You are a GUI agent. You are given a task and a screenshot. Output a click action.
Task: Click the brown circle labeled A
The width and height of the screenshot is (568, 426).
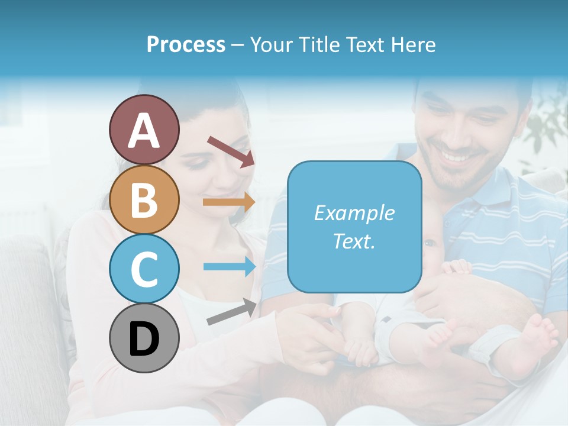[x=144, y=130]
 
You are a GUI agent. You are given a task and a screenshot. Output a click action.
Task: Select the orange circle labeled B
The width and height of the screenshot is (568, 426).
[x=144, y=199]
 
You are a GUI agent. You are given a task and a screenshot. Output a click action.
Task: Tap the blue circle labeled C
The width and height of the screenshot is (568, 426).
[x=144, y=269]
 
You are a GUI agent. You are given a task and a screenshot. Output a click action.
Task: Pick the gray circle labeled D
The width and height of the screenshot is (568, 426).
[x=144, y=338]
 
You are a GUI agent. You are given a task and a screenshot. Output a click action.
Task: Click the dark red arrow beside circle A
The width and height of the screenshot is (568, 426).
[x=231, y=151]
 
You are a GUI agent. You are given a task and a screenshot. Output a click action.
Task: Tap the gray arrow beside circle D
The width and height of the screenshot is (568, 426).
[x=231, y=312]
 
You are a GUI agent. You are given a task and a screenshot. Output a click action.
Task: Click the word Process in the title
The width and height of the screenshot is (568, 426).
[x=186, y=44]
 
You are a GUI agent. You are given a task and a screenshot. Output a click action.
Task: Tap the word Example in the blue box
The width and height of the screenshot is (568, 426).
[x=354, y=213]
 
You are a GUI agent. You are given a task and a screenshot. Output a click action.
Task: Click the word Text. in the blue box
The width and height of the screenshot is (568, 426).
[x=354, y=241]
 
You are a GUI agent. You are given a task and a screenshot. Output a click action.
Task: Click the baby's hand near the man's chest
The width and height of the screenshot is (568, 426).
[x=456, y=267]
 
